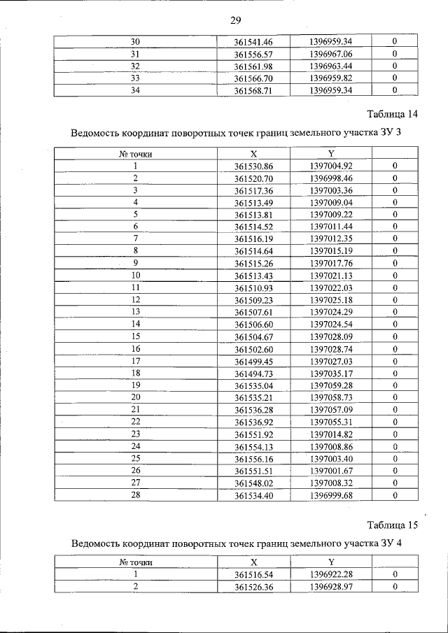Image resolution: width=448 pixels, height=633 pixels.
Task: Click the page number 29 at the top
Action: coord(235,20)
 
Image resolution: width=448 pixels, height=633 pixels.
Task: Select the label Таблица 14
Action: coord(393,114)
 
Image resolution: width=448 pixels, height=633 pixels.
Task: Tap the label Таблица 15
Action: coord(393,525)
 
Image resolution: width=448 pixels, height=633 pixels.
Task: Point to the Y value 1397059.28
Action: coord(331,385)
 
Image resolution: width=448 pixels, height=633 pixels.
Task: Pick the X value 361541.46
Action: coord(253,42)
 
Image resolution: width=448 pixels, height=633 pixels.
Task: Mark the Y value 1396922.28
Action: coord(331,574)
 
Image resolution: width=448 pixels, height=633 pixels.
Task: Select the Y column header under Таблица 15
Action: coord(330,562)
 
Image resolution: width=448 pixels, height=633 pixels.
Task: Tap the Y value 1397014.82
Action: coord(331,434)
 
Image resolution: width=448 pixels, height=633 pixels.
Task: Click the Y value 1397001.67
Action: coord(331,471)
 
